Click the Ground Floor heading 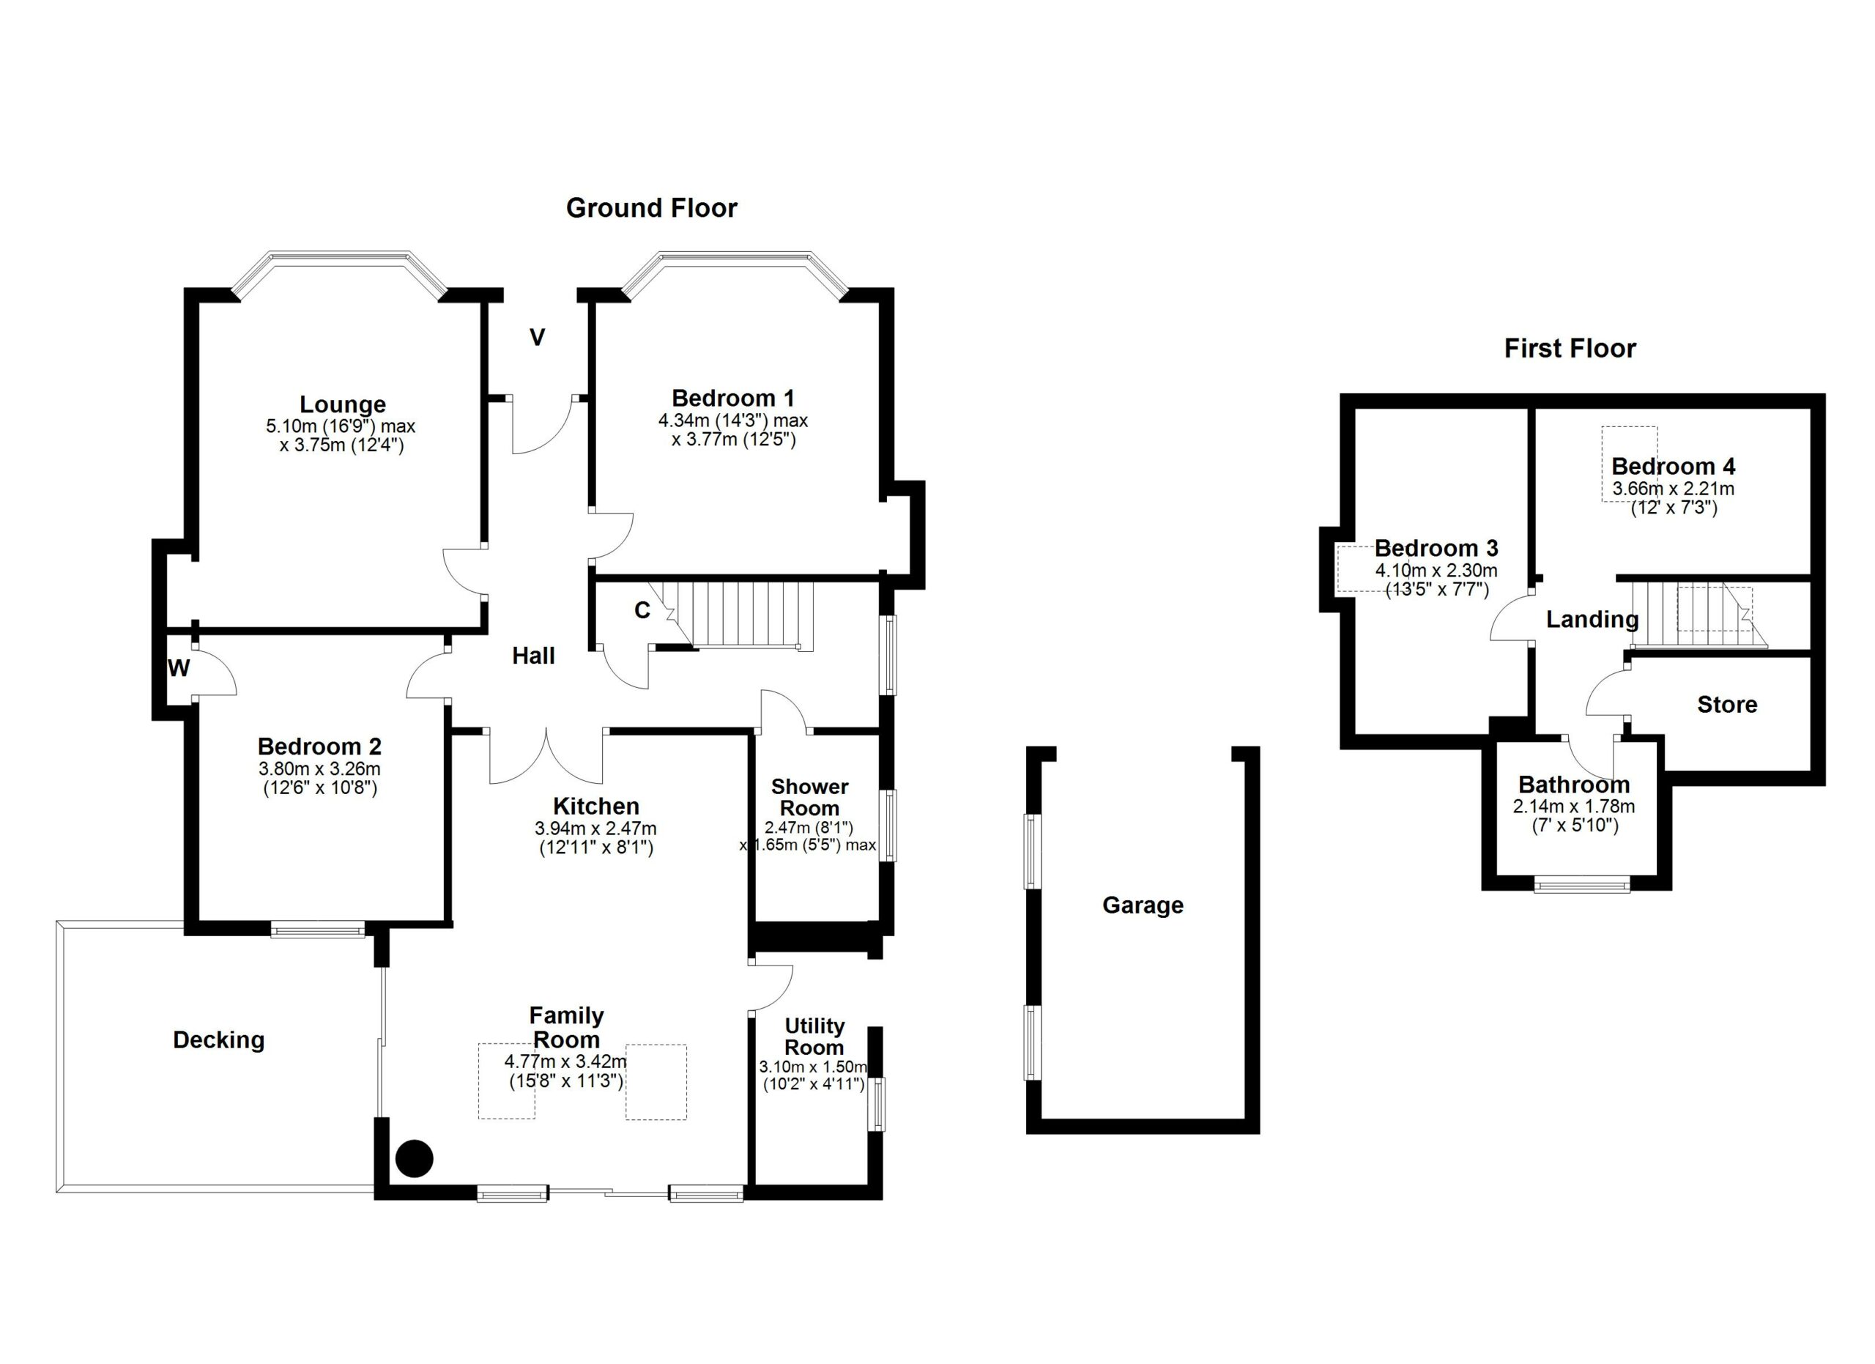tap(651, 208)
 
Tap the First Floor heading tap(1570, 349)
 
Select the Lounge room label tap(342, 405)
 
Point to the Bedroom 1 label tap(732, 399)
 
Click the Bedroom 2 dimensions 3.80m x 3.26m tap(319, 768)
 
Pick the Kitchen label tap(596, 806)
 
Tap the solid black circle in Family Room tap(415, 1158)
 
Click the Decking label tap(218, 1040)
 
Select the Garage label tap(1143, 905)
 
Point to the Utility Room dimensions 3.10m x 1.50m tap(814, 1067)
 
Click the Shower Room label tap(809, 798)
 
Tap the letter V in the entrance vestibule tap(538, 337)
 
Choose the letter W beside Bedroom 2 tap(179, 668)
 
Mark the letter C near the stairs tap(642, 610)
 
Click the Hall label tap(533, 656)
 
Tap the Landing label tap(1592, 620)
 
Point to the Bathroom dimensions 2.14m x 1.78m tap(1574, 806)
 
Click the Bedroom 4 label tap(1674, 466)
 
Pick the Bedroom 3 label tap(1437, 548)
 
